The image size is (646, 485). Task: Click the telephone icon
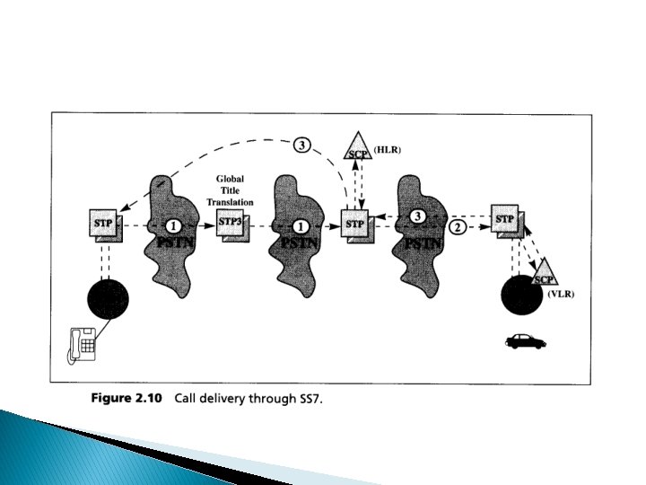[x=83, y=344]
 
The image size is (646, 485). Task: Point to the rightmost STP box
[x=505, y=219]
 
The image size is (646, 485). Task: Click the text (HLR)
[x=388, y=151]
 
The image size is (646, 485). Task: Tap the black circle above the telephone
[x=108, y=300]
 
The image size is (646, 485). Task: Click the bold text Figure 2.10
[x=127, y=400]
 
